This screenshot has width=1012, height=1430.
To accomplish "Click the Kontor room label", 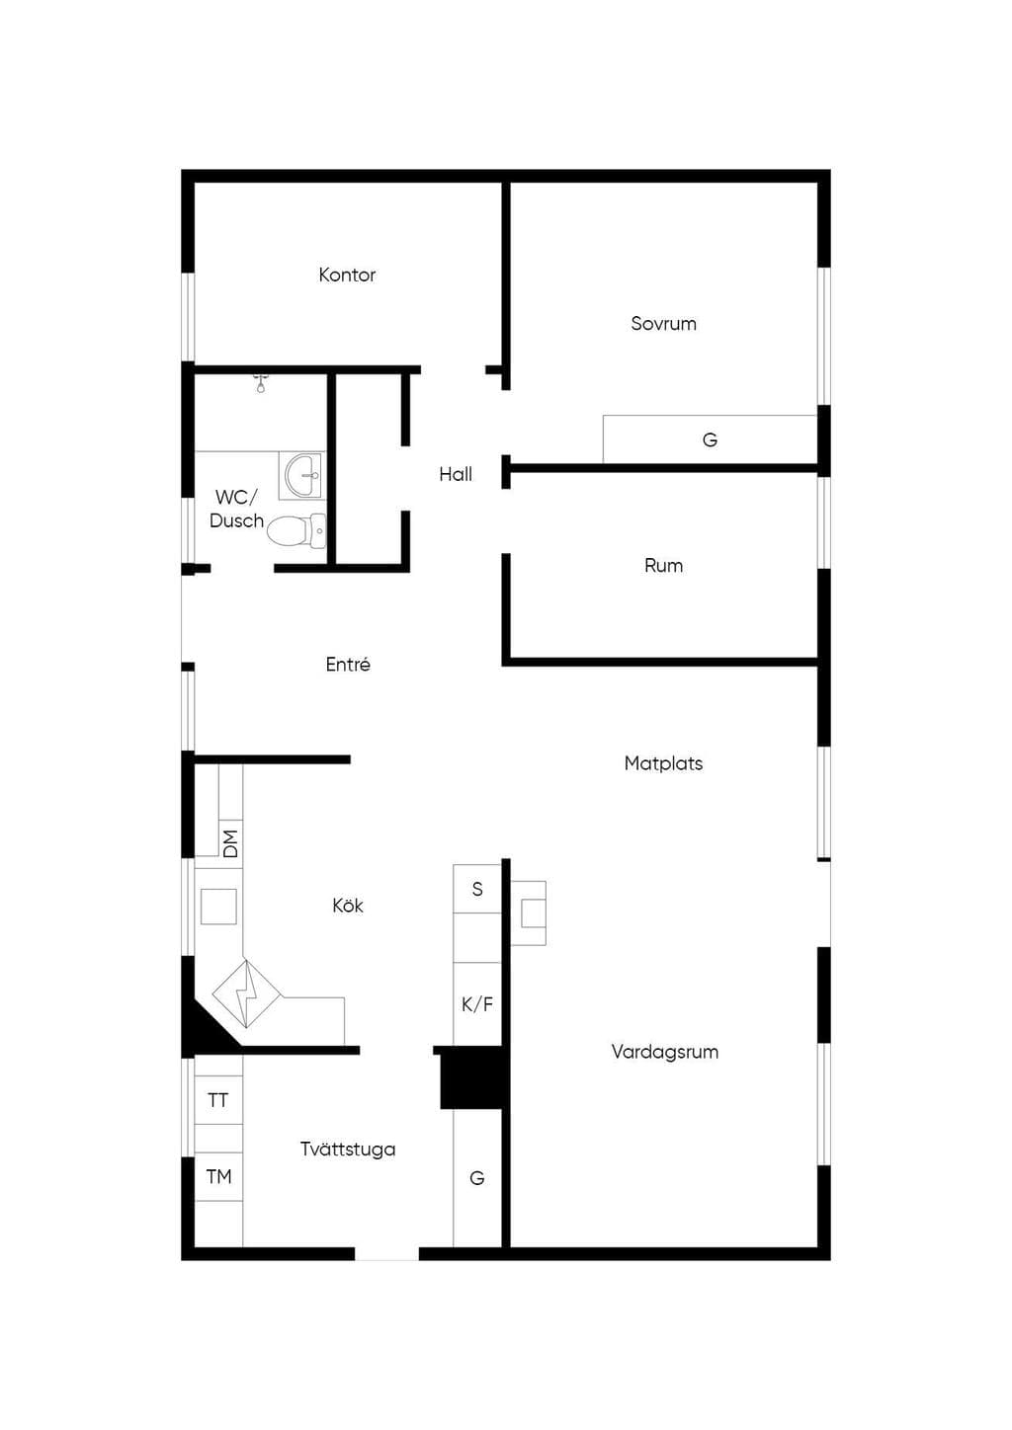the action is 347,276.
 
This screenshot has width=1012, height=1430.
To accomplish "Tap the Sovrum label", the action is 663,324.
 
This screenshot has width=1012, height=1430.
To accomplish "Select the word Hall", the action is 456,474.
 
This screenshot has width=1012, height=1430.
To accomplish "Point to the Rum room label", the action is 663,566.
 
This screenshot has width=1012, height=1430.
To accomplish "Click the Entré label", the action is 348,665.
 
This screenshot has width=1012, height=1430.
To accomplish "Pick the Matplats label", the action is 663,763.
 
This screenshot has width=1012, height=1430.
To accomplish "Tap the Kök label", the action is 348,906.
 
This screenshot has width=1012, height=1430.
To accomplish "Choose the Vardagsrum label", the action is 664,1052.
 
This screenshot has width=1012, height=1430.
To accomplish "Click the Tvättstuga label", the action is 348,1150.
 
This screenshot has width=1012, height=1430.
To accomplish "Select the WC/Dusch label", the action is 236,509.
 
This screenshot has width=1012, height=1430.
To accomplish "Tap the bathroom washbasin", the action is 302,476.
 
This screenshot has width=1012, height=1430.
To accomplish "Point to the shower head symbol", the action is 261,383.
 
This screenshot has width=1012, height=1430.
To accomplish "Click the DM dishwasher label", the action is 230,844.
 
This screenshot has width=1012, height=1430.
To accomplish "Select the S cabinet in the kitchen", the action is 477,889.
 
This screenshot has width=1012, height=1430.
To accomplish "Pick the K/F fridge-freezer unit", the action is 477,1004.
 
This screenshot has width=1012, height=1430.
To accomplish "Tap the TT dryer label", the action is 217,1100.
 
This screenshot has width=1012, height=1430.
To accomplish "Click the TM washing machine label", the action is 218,1176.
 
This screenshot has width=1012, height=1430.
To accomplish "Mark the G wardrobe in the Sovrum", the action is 710,439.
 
